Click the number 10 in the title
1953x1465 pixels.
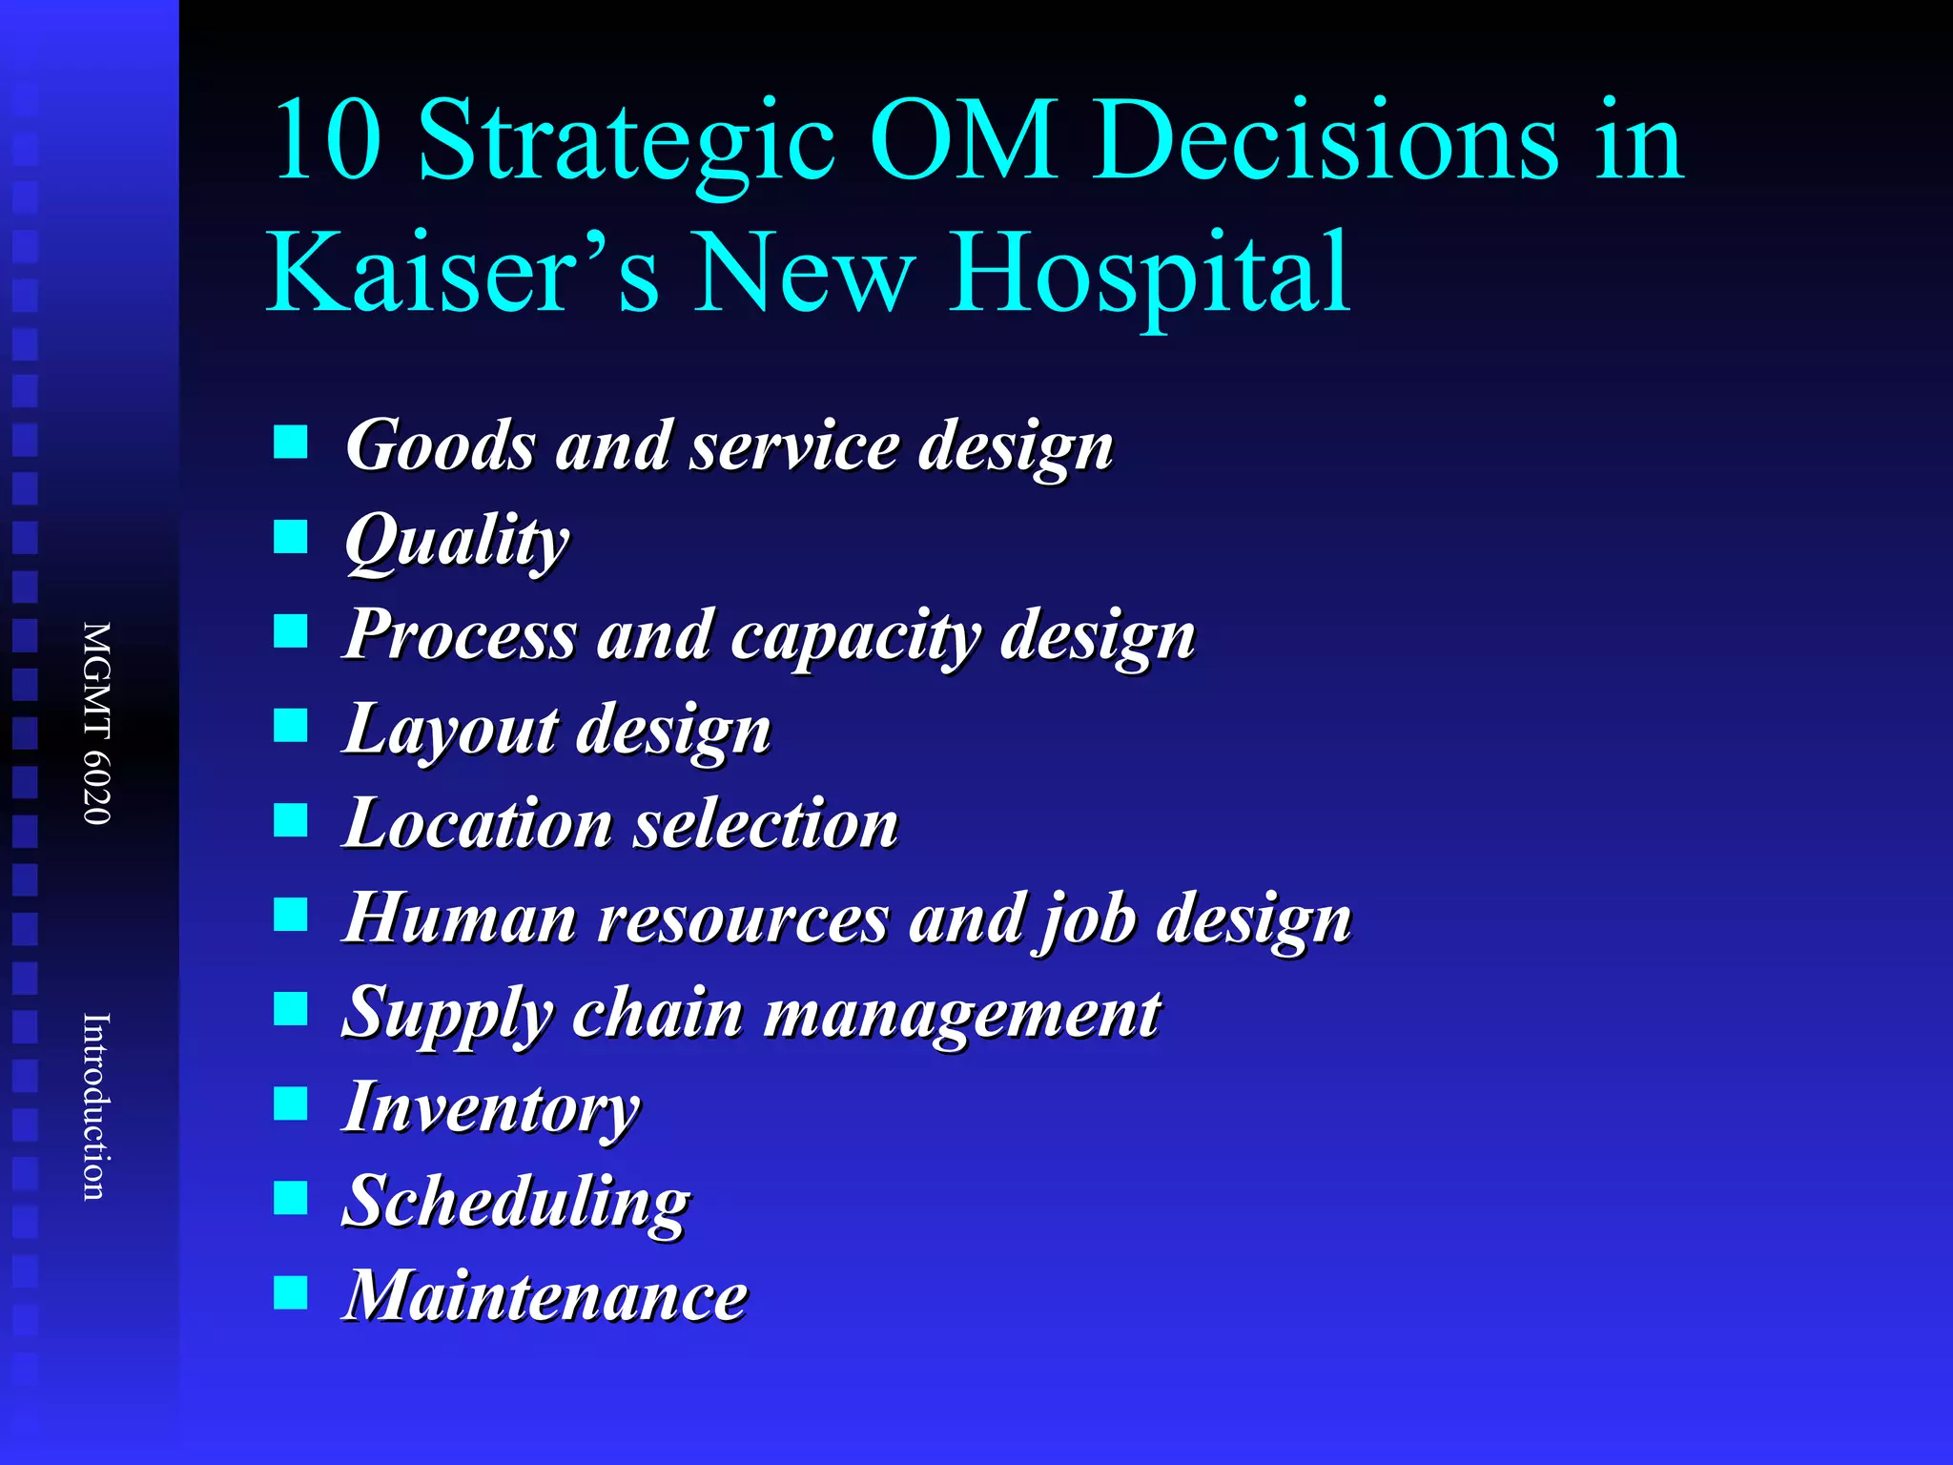click(x=326, y=141)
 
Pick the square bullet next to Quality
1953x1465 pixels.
click(x=291, y=536)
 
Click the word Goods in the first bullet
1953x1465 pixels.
click(x=441, y=444)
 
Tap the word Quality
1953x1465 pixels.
click(x=457, y=541)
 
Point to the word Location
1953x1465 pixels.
click(x=478, y=823)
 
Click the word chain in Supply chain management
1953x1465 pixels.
click(x=657, y=1013)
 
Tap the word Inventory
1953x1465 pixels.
click(x=491, y=1108)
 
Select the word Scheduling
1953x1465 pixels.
click(x=516, y=1203)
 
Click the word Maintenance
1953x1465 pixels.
click(x=545, y=1296)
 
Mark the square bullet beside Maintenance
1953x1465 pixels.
click(x=291, y=1293)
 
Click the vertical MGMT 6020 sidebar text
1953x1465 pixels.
click(x=96, y=723)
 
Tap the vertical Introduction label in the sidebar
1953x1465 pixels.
click(x=96, y=1106)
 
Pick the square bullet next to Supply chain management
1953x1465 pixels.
click(x=291, y=1009)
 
